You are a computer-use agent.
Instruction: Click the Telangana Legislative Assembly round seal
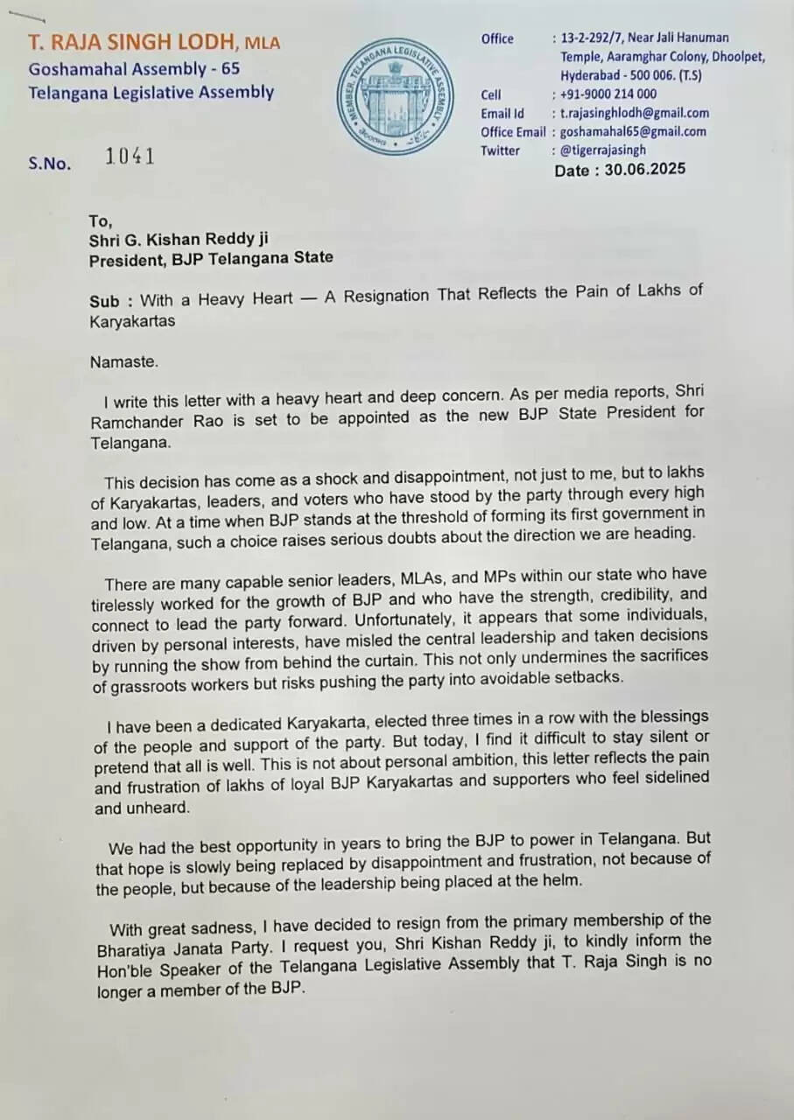[x=397, y=98]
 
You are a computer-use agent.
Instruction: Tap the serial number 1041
[x=130, y=157]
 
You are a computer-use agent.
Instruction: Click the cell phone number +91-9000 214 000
[x=608, y=94]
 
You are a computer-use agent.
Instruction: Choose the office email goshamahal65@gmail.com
[x=633, y=131]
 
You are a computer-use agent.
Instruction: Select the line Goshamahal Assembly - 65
[x=134, y=67]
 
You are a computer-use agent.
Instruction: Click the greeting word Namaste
[x=124, y=360]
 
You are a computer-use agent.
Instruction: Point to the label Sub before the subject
[x=104, y=301]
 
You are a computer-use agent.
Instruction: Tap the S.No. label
[x=49, y=163]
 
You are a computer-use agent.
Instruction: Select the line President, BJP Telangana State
[x=210, y=257]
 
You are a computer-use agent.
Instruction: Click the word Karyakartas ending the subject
[x=132, y=321]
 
